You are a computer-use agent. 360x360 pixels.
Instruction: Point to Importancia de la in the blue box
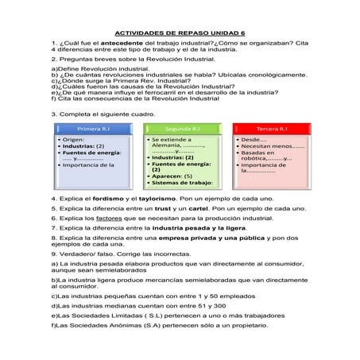[90, 165]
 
